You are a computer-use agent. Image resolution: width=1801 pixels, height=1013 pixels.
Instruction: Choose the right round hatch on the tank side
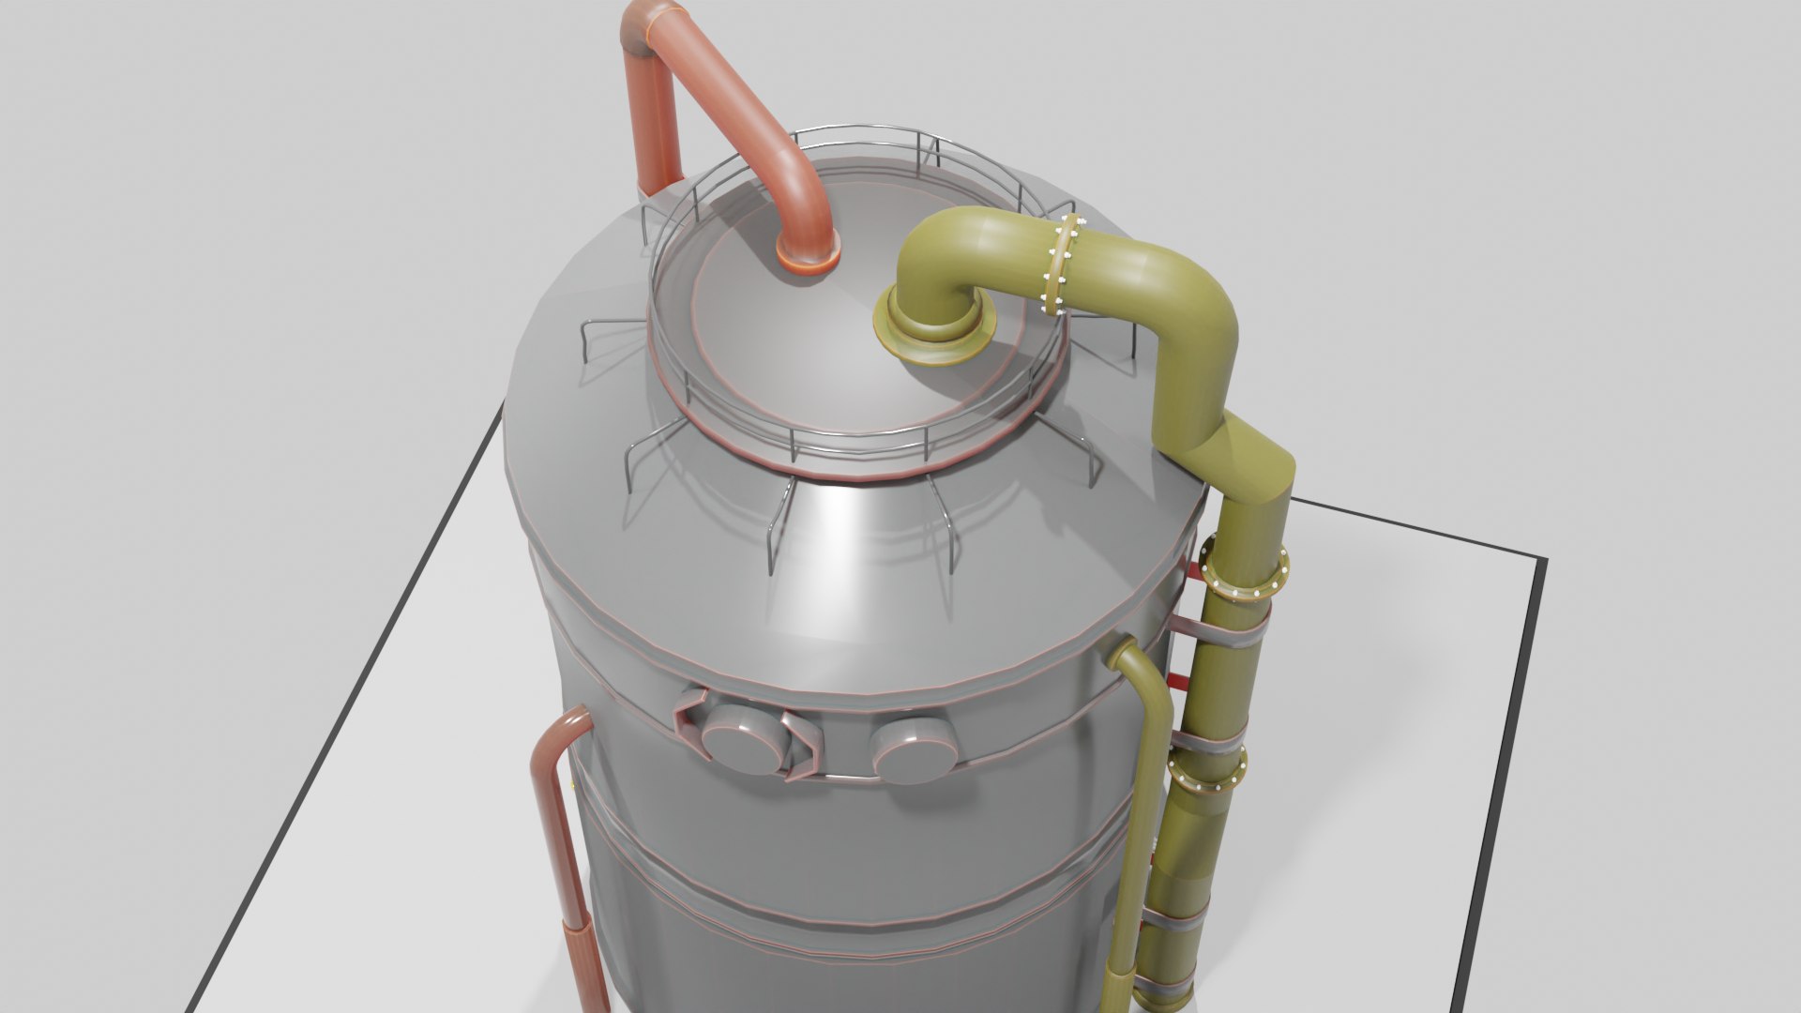912,750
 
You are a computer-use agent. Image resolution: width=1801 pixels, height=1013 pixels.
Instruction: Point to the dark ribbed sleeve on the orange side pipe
583,966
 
